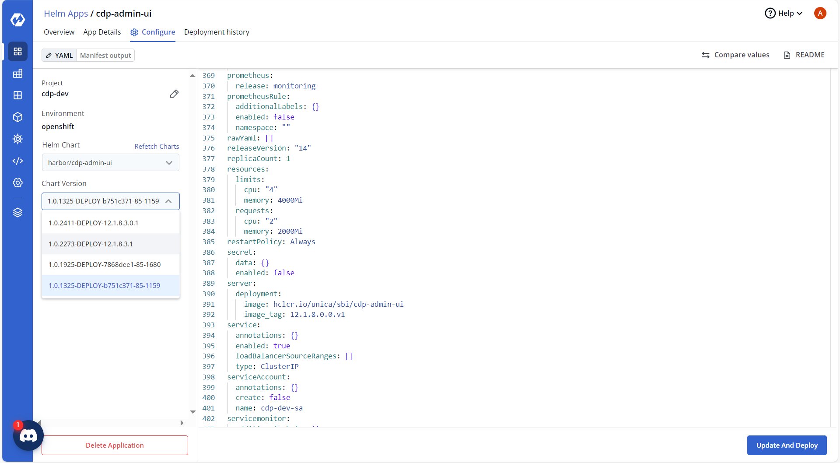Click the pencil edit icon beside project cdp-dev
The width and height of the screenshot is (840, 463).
coord(174,94)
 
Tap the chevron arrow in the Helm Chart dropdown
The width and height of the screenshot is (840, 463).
coord(169,163)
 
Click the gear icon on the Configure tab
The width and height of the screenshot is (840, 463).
coord(134,32)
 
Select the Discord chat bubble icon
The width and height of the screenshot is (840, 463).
coord(28,435)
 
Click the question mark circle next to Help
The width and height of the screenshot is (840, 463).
coord(770,13)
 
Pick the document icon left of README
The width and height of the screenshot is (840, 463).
coord(787,55)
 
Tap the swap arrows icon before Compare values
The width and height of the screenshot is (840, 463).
coord(706,55)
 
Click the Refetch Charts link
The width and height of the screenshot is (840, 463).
coord(157,146)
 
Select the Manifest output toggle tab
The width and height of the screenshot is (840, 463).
coord(105,55)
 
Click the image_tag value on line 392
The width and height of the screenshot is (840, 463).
coord(318,315)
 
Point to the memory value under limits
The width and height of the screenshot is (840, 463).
coord(290,200)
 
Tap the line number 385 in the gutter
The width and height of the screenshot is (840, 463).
coord(209,242)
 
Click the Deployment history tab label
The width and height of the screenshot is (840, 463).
coord(217,32)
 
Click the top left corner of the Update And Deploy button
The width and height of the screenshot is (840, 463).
coord(747,435)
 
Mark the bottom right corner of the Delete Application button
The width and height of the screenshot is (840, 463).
coord(188,455)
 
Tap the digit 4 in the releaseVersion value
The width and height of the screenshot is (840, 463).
coord(305,148)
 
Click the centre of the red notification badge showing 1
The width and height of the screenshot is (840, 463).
coord(17,425)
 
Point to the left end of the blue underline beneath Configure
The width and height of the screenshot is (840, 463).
coord(130,42)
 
